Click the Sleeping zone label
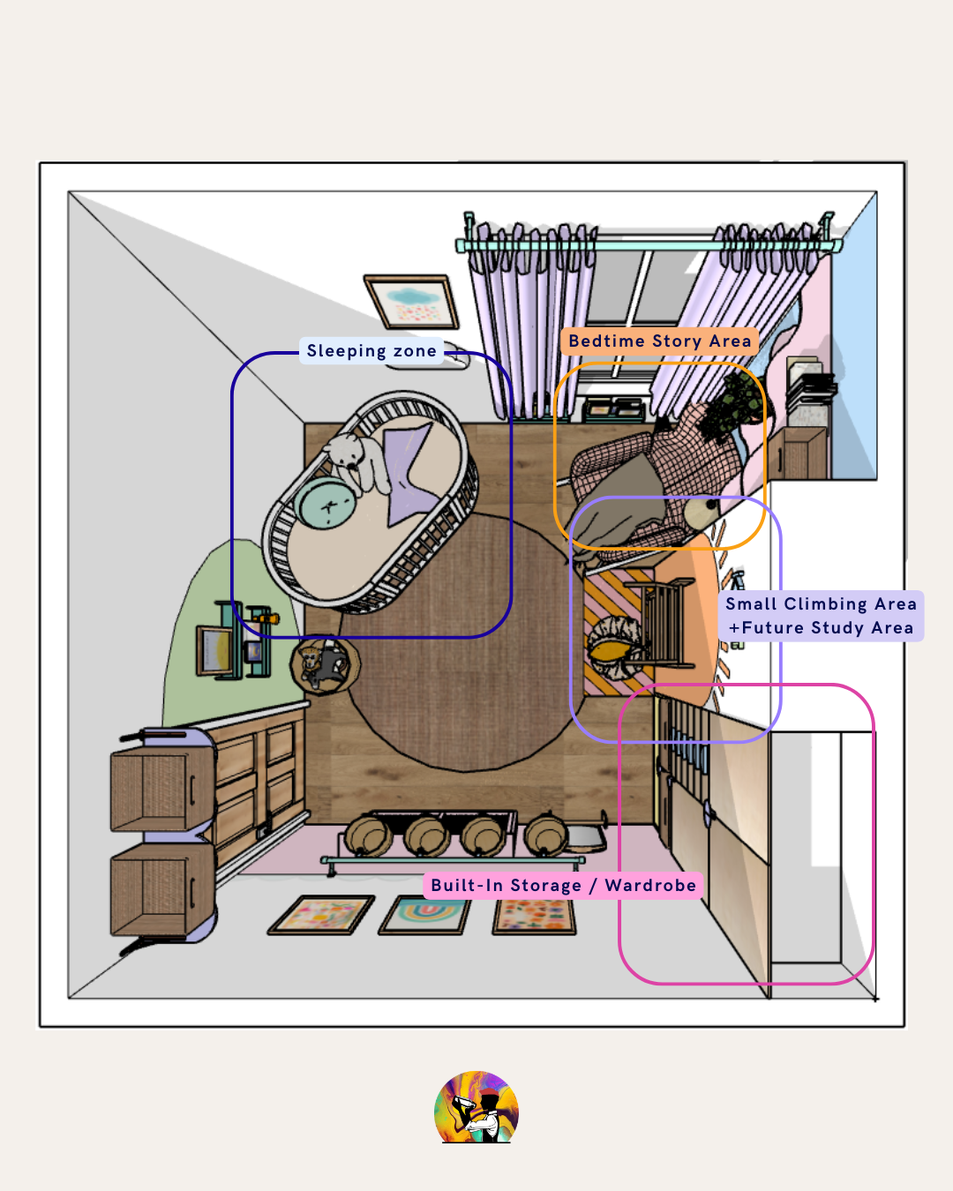click(371, 351)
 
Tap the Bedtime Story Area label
click(659, 341)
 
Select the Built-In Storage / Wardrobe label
click(563, 886)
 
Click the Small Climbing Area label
click(822, 603)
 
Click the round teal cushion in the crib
click(325, 503)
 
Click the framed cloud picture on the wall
click(411, 303)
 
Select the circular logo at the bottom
click(476, 1106)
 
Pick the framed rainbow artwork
click(424, 917)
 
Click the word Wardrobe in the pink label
click(650, 886)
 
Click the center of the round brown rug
click(462, 642)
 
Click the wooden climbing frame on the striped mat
click(664, 623)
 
